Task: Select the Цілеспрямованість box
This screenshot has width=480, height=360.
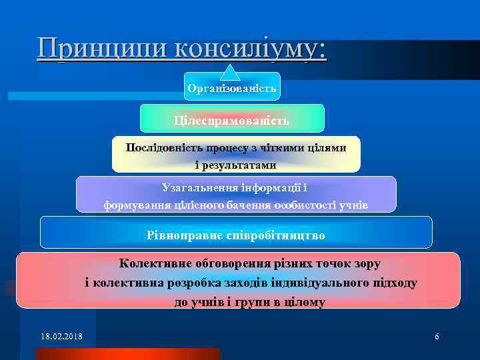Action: [231, 121]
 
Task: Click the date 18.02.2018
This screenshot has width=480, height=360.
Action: [61, 336]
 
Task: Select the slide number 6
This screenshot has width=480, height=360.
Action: [437, 336]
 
